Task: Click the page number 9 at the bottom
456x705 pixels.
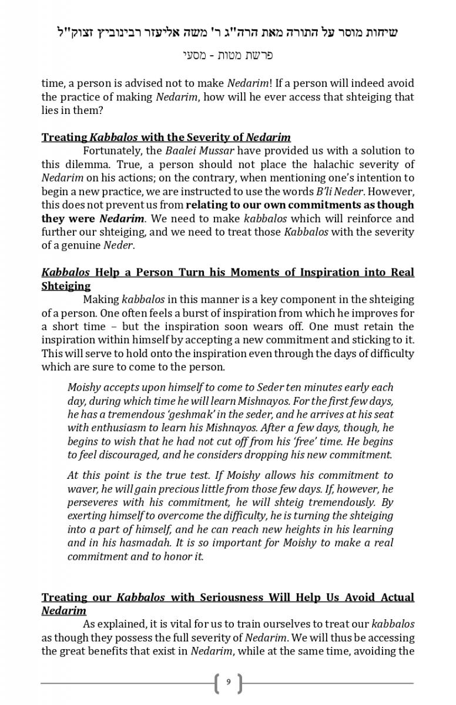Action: pos(228,683)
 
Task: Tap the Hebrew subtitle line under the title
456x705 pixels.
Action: pos(228,56)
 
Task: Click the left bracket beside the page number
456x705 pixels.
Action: pos(218,683)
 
